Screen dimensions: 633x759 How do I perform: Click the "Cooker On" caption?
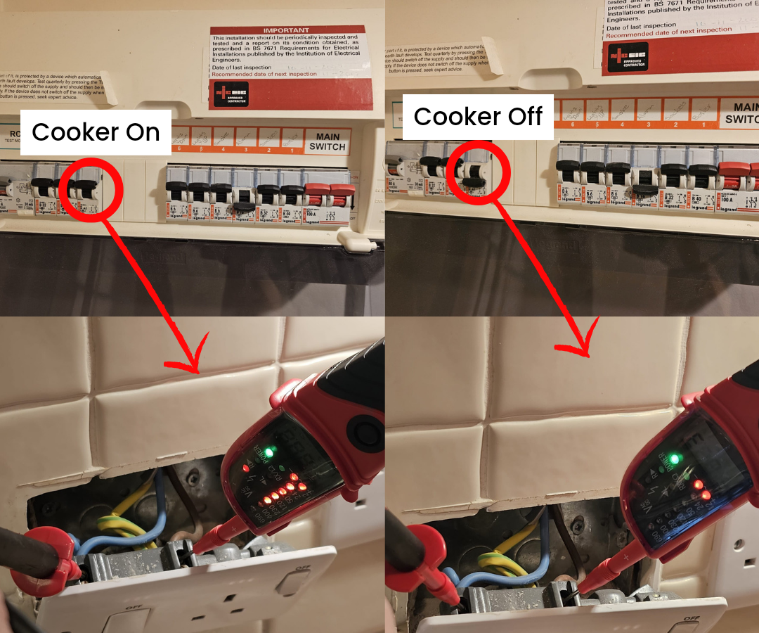coord(96,132)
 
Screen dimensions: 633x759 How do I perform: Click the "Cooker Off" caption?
coord(478,117)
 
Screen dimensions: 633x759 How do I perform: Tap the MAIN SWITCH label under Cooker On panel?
coord(327,141)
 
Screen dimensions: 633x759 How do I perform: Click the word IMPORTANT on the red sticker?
coord(285,31)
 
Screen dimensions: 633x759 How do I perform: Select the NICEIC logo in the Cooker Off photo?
coord(628,57)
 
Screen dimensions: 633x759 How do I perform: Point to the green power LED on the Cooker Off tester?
coord(675,459)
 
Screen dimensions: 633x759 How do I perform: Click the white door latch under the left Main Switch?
coord(356,242)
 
